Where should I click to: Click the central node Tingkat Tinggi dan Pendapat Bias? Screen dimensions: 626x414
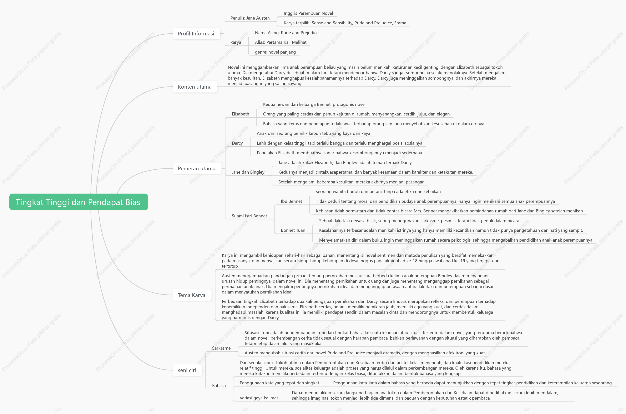78,202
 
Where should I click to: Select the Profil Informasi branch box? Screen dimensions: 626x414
196,34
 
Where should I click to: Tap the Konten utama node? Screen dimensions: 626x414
195,87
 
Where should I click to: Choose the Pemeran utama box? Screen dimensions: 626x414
197,168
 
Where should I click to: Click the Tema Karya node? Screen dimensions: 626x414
192,295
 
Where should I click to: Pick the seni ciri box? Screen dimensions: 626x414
187,370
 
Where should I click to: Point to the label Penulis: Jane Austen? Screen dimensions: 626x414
250,18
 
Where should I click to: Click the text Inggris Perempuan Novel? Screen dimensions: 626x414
308,13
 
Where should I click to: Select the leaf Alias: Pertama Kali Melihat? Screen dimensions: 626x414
281,42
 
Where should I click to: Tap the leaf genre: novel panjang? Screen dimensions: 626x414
275,52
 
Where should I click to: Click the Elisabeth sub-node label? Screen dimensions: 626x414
240,114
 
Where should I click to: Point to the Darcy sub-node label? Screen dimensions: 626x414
237,143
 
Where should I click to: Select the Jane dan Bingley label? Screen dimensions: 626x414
248,172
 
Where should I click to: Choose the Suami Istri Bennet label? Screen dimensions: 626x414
249,216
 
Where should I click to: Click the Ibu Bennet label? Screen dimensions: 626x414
291,201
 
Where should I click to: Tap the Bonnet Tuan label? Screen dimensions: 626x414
293,230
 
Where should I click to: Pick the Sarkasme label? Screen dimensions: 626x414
221,348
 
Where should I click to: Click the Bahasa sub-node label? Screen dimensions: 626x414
219,385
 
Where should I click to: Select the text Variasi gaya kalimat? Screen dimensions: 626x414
259,398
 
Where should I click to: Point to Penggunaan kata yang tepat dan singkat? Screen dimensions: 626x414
279,383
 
